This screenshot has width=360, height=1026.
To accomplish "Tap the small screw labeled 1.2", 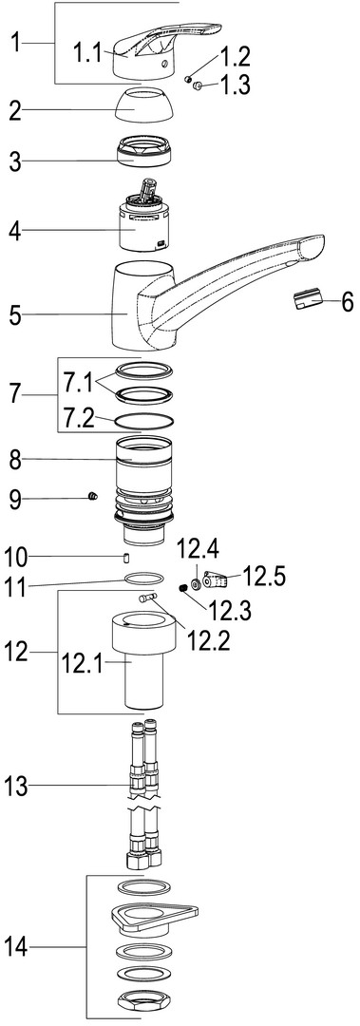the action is (x=187, y=79).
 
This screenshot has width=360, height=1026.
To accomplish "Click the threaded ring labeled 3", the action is (x=147, y=151).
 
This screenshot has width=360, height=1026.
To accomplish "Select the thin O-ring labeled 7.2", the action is (x=144, y=422).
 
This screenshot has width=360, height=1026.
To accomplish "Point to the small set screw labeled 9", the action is (x=92, y=500).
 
